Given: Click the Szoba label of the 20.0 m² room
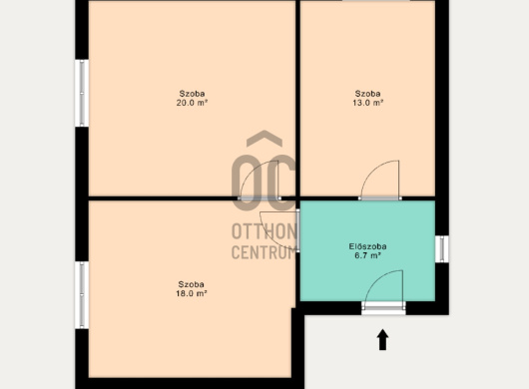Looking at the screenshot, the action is (x=192, y=94).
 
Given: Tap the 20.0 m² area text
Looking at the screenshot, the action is (x=192, y=103).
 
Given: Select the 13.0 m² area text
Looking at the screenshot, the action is (x=367, y=103).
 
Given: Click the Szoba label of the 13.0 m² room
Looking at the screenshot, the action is (x=367, y=94).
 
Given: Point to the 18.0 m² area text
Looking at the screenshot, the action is (x=192, y=293).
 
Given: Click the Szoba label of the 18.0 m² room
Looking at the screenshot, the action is (x=192, y=284).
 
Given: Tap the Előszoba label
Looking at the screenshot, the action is (x=367, y=246).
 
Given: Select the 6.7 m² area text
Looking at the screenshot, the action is (x=367, y=255).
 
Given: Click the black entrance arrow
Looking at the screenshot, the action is (x=382, y=340).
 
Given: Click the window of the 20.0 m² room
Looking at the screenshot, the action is (x=82, y=93).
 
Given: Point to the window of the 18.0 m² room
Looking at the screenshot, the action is (x=82, y=295).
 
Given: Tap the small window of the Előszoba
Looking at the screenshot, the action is (x=442, y=248).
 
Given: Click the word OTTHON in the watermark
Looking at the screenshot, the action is (x=264, y=231).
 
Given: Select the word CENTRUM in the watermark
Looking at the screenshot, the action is (x=264, y=251).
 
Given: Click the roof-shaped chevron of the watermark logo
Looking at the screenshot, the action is (x=264, y=139).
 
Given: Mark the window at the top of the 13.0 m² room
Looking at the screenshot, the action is (x=376, y=1).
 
